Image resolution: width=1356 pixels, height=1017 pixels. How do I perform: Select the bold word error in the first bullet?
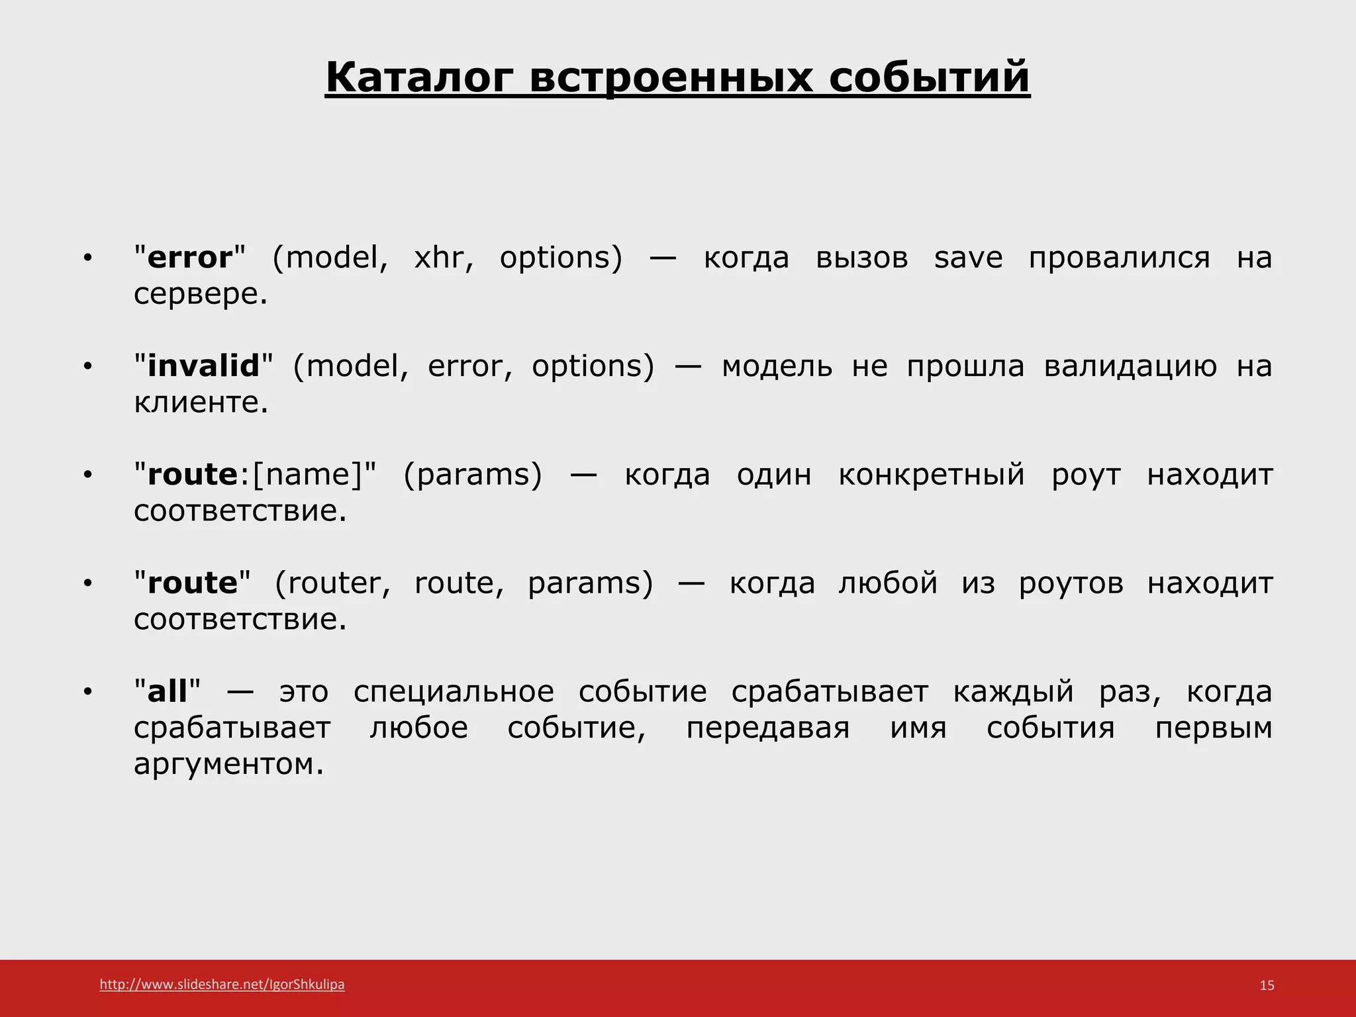[x=190, y=258]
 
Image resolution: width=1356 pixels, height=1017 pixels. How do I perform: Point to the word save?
[x=968, y=258]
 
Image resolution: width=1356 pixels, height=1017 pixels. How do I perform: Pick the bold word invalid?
[x=203, y=366]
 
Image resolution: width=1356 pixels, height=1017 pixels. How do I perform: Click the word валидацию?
[x=1130, y=366]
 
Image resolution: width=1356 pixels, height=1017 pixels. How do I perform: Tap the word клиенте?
[x=200, y=403]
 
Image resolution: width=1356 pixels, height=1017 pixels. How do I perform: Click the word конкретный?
[x=932, y=475]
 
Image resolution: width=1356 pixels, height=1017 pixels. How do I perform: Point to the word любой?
[x=888, y=583]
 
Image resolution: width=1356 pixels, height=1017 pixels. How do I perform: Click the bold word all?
[x=168, y=692]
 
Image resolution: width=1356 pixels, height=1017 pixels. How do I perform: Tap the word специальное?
[x=454, y=692]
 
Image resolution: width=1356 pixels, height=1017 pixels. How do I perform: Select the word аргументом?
[x=228, y=764]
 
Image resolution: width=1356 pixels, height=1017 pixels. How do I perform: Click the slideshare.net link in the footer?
[x=222, y=985]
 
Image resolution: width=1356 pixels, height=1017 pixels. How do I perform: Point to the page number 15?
[x=1267, y=985]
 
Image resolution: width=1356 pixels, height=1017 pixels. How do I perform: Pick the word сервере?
[x=200, y=294]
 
